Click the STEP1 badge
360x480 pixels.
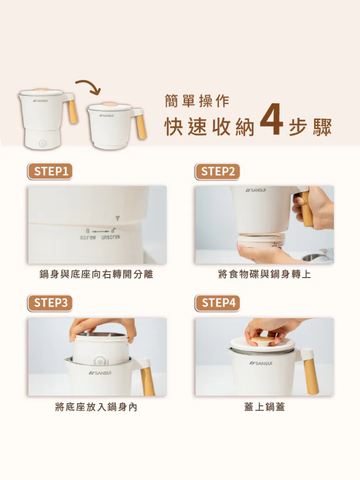tap(50, 171)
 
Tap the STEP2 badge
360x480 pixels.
tap(218, 171)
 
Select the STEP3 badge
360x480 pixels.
tap(50, 303)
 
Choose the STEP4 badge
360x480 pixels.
tap(218, 303)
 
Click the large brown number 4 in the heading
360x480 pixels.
tap(271, 119)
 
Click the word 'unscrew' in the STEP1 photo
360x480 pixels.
tap(110, 237)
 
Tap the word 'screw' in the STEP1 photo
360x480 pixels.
tap(88, 237)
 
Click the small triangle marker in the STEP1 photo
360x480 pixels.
tap(117, 218)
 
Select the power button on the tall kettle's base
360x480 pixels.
tap(42, 144)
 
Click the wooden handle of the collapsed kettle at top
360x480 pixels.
tap(141, 126)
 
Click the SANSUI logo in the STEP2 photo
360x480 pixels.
tap(256, 190)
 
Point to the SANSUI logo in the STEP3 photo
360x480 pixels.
tap(100, 373)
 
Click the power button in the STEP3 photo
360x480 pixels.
tap(99, 362)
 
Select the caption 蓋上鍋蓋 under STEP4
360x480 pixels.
tap(264, 407)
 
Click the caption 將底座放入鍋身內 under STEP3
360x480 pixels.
tap(96, 407)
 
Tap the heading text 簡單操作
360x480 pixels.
tap(197, 101)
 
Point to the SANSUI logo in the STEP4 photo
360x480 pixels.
tap(261, 363)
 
